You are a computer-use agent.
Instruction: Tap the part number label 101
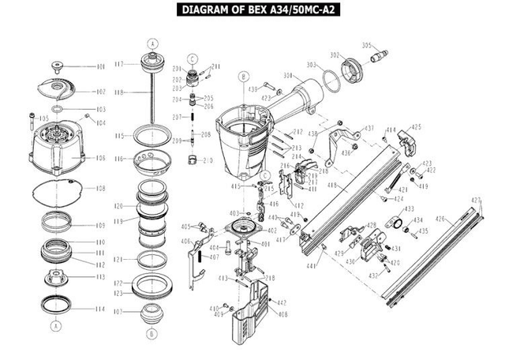click(x=100, y=67)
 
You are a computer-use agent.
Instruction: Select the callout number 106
click(x=100, y=158)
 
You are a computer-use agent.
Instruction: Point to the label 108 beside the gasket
click(x=100, y=189)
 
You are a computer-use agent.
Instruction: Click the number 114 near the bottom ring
click(x=100, y=309)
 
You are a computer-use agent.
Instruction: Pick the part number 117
click(x=119, y=64)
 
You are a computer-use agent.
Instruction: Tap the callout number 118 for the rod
click(x=119, y=92)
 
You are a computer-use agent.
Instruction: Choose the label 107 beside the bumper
click(x=119, y=311)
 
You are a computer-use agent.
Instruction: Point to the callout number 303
click(x=312, y=64)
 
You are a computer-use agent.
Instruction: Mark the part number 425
click(x=416, y=126)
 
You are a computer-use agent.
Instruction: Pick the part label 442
click(x=282, y=303)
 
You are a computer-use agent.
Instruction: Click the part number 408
click(x=282, y=314)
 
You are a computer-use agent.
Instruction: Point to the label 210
click(x=208, y=160)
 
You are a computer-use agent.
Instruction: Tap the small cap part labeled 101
click(x=58, y=64)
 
